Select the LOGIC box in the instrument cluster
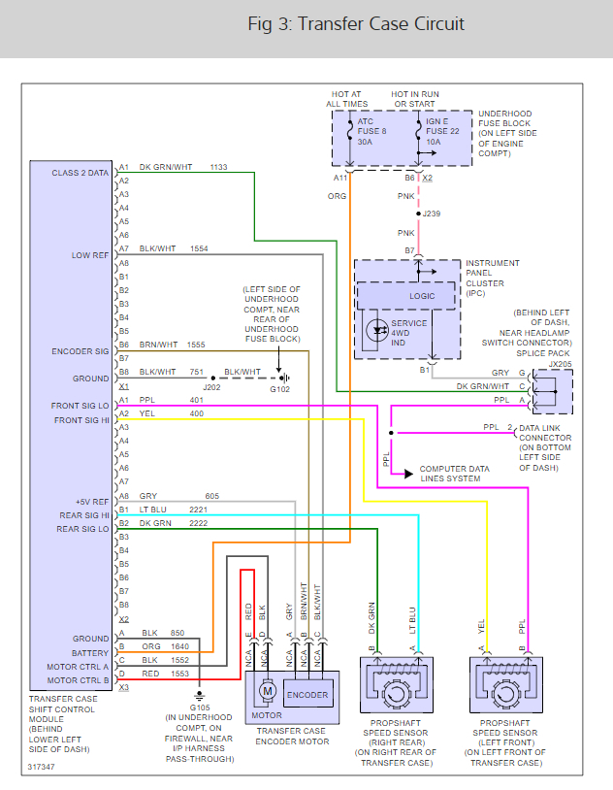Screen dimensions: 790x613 click(x=421, y=296)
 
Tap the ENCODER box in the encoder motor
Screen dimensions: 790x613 click(x=306, y=695)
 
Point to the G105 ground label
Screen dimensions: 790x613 click(x=200, y=708)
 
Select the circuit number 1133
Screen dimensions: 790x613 click(x=218, y=167)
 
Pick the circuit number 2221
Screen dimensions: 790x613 click(x=199, y=509)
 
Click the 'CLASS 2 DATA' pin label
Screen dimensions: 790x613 click(x=80, y=173)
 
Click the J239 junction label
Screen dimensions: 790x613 click(x=432, y=214)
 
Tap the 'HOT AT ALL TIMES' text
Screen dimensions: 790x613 click(x=346, y=98)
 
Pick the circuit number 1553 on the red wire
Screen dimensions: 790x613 click(x=178, y=674)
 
